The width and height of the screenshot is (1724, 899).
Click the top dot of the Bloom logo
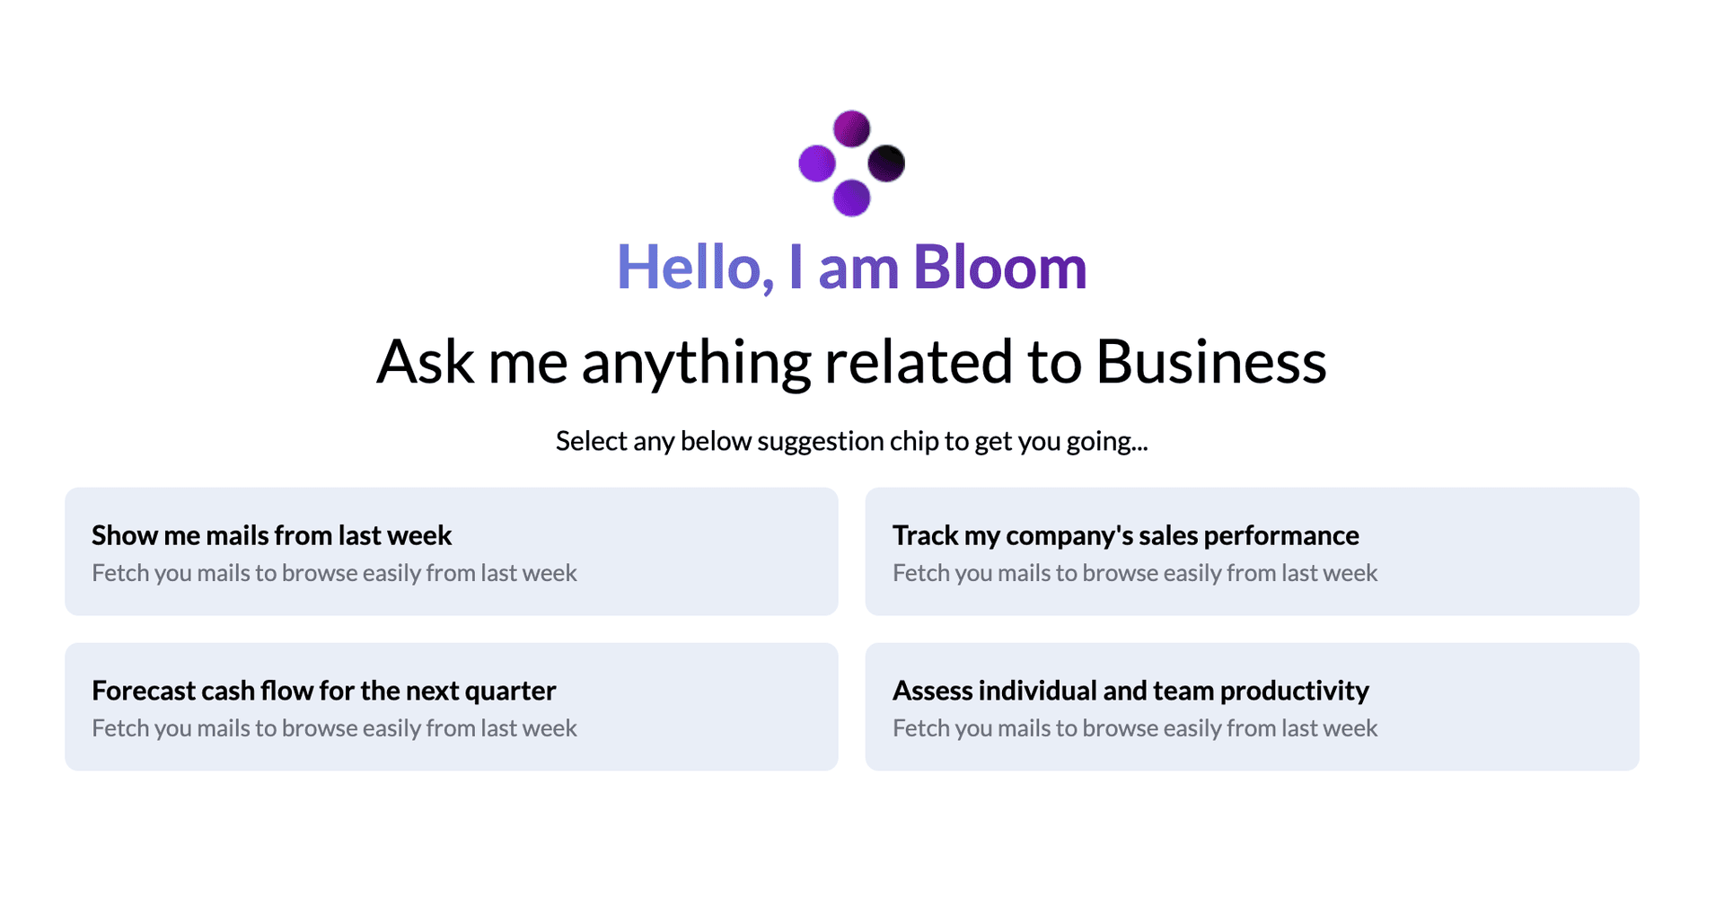pos(851,128)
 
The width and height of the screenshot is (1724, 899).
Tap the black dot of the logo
pos(886,163)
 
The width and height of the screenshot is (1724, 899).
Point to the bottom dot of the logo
pos(851,198)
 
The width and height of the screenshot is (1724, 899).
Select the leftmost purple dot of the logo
pos(817,163)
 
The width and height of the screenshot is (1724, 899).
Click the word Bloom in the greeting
pos(999,268)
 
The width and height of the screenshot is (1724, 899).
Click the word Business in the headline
pos(1210,362)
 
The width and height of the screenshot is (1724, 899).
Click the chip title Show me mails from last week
pos(271,535)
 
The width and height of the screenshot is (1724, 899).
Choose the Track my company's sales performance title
pos(1125,535)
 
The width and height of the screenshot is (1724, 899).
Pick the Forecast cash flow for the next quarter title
pos(323,691)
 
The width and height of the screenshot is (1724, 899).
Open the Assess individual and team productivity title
pos(1130,691)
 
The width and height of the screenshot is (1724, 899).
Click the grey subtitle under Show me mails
pos(334,573)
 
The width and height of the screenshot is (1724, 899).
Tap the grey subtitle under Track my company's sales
pos(1134,573)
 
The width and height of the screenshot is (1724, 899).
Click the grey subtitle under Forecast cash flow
pos(334,728)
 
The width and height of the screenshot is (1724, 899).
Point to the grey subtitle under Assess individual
pos(1134,728)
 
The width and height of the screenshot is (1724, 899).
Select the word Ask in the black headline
pos(425,362)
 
